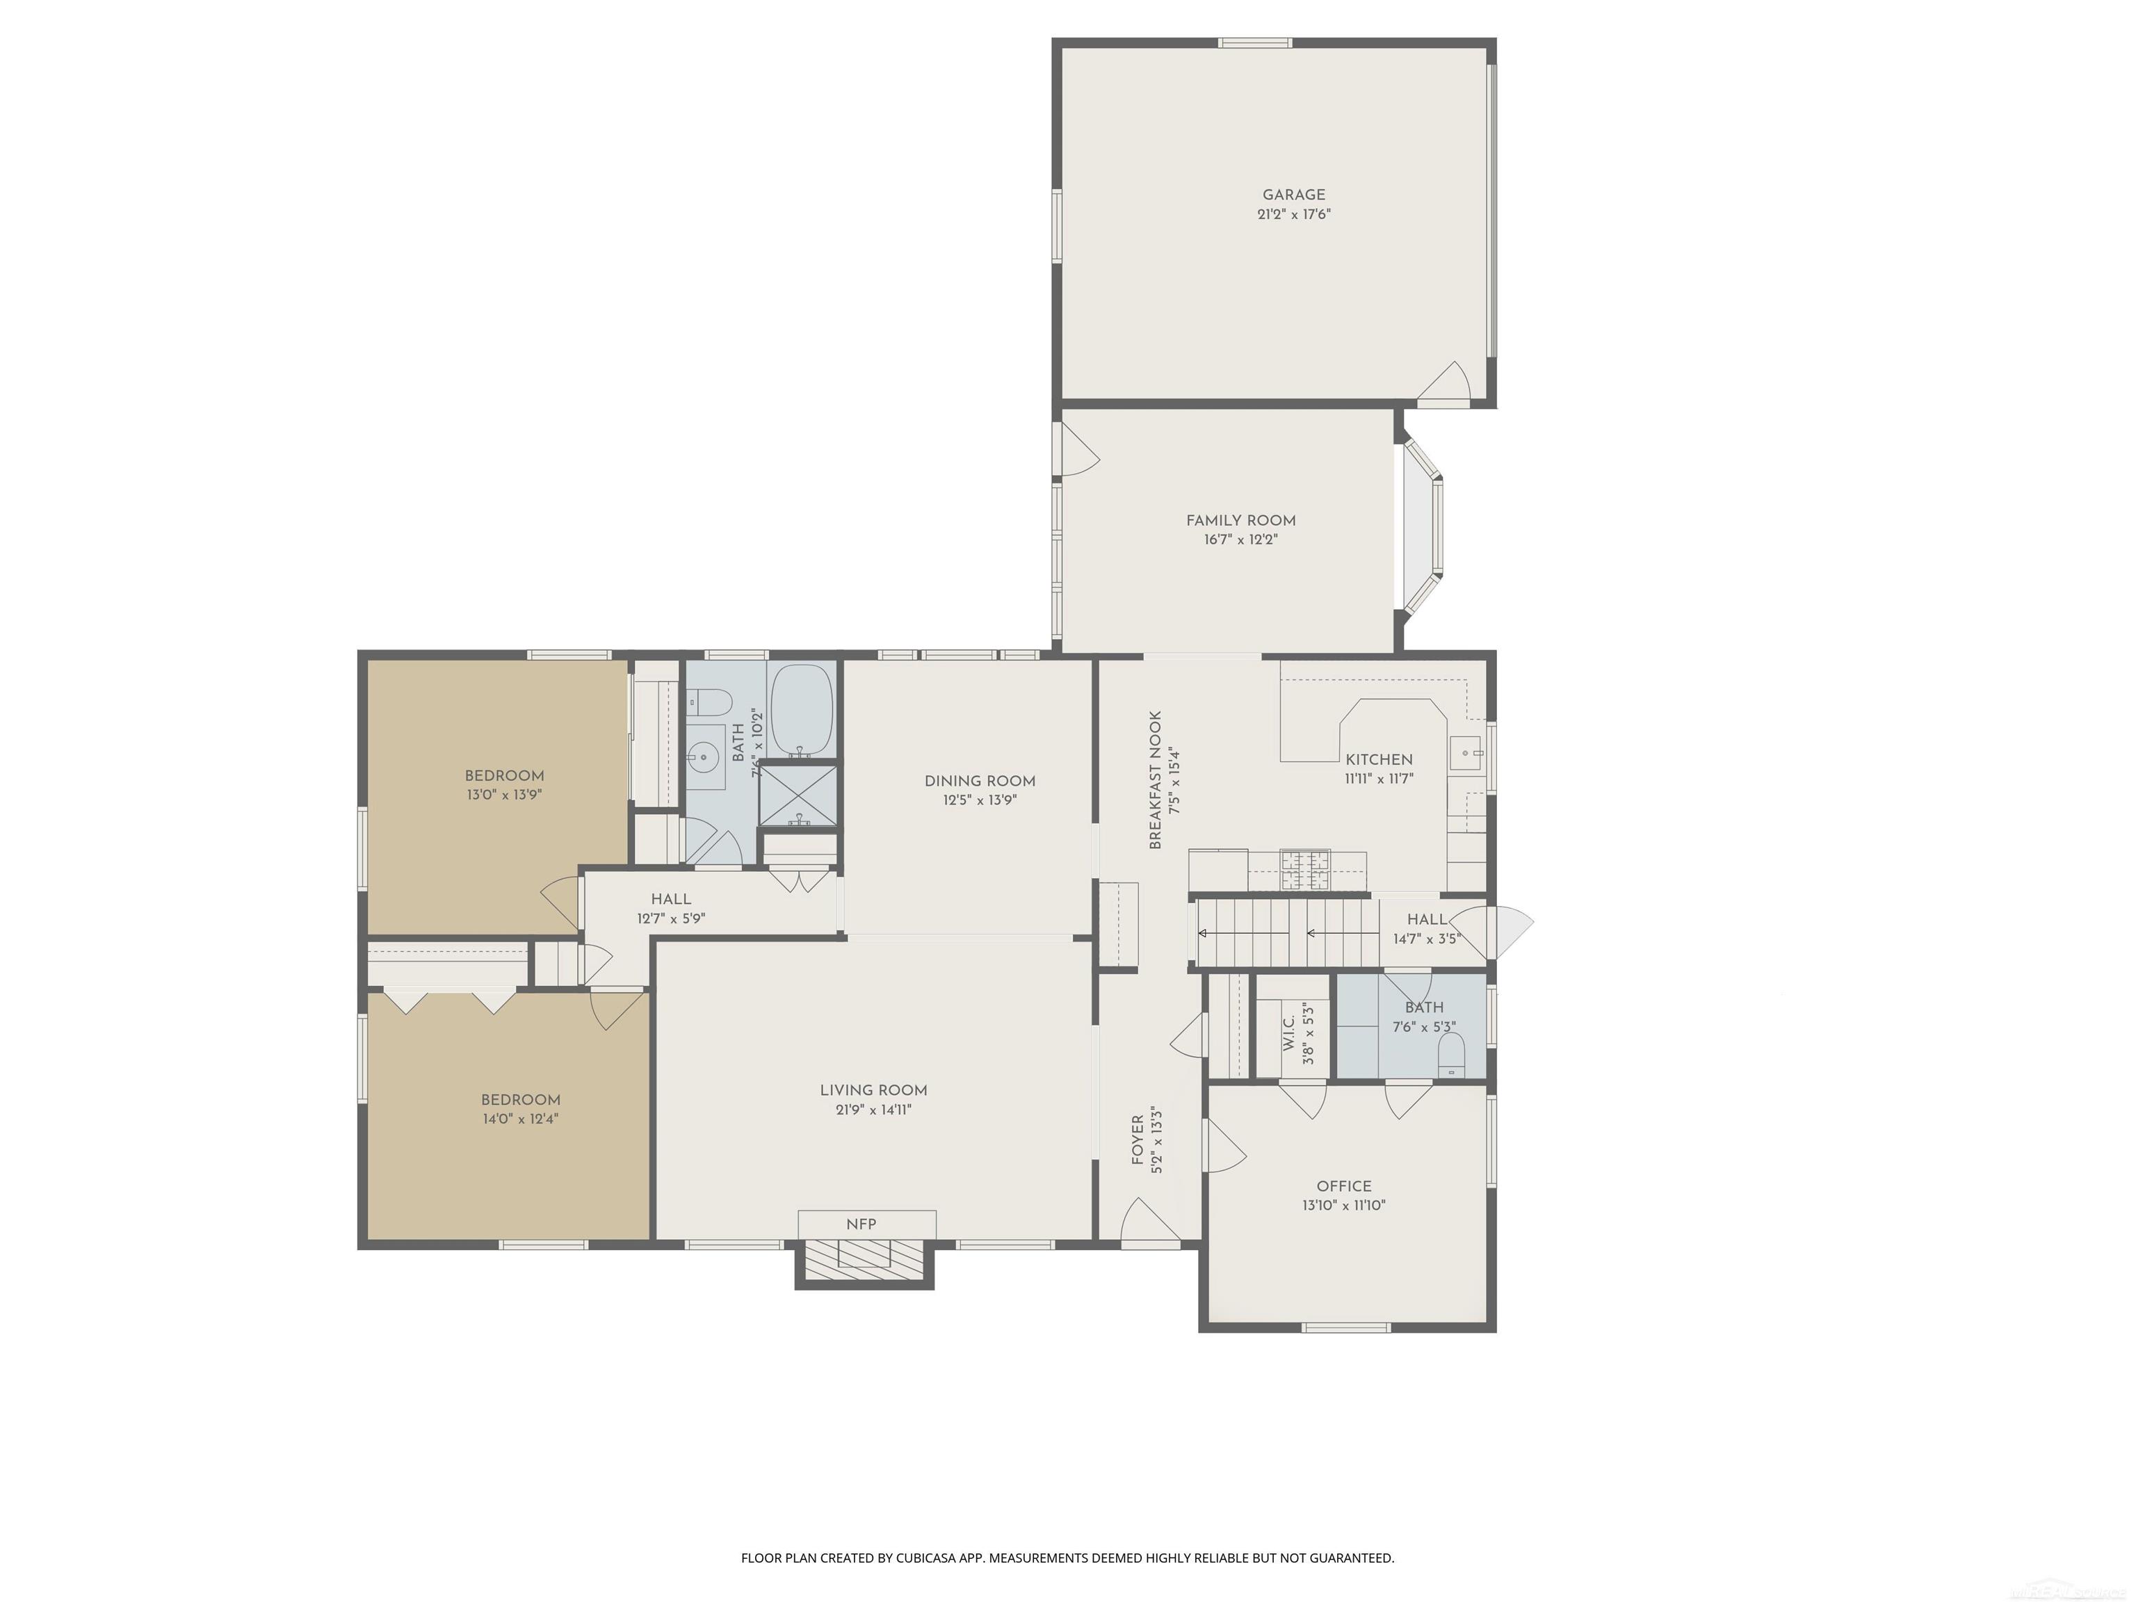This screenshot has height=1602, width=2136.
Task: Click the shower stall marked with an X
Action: pos(798,794)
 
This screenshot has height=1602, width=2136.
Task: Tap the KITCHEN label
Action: pos(1378,760)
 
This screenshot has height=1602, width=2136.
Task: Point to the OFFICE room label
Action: pos(1343,1187)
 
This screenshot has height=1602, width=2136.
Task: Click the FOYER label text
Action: pos(1138,1140)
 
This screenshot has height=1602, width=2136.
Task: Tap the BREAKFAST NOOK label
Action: pos(1155,780)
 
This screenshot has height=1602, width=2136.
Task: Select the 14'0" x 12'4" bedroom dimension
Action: pos(521,1119)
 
